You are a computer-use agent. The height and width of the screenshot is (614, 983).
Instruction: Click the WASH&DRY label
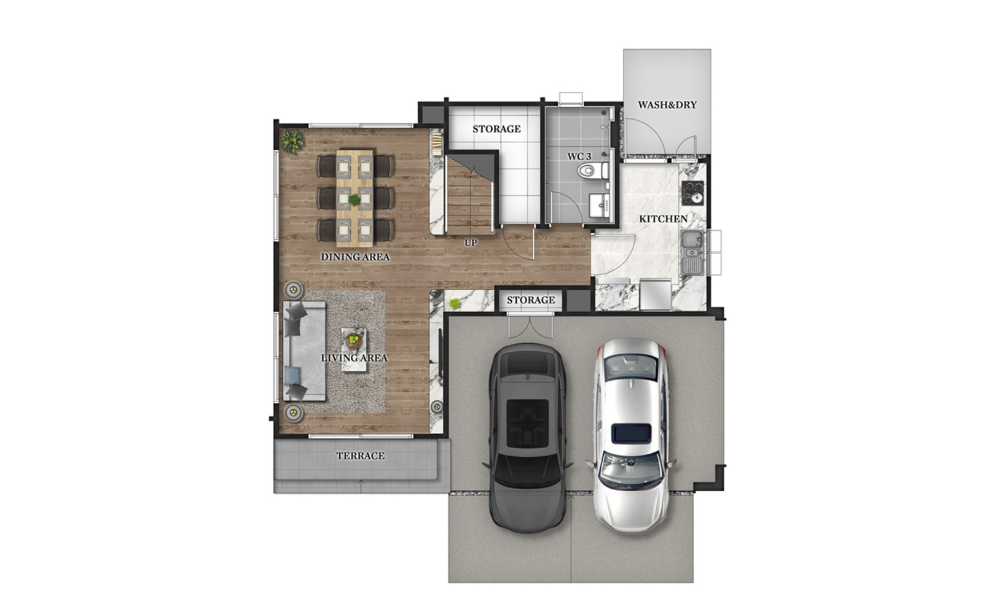pyautogui.click(x=667, y=105)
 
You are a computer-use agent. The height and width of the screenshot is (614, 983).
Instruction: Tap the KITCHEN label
pyautogui.click(x=663, y=219)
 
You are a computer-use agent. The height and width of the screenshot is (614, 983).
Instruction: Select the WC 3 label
pyautogui.click(x=579, y=157)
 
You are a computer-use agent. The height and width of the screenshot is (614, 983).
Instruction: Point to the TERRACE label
pyautogui.click(x=360, y=456)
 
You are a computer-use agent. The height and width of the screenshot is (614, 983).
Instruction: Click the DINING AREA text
pyautogui.click(x=355, y=257)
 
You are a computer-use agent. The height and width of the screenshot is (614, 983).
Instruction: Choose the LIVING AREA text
pyautogui.click(x=354, y=357)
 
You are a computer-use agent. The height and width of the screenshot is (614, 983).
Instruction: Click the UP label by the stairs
pyautogui.click(x=471, y=243)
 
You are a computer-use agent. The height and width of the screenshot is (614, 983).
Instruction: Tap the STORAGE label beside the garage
pyautogui.click(x=530, y=300)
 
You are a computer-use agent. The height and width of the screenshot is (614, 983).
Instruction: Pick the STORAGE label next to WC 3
pyautogui.click(x=496, y=129)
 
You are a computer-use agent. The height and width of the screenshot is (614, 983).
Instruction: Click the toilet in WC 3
pyautogui.click(x=591, y=170)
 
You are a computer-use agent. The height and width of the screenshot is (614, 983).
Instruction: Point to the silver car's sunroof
pyautogui.click(x=632, y=433)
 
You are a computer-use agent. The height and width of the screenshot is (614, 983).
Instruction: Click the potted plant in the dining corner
pyautogui.click(x=292, y=141)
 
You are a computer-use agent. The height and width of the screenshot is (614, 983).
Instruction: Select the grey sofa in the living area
pyautogui.click(x=304, y=351)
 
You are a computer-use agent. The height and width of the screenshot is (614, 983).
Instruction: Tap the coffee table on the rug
pyautogui.click(x=353, y=349)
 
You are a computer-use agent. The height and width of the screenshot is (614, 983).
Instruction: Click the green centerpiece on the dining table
pyautogui.click(x=354, y=200)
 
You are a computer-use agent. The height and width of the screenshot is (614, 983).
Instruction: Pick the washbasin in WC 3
pyautogui.click(x=598, y=205)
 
